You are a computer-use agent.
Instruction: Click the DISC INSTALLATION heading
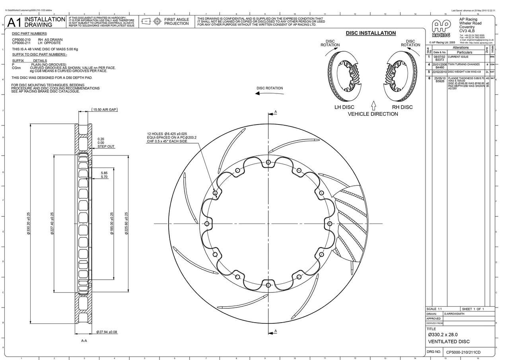pyautogui.click(x=371, y=33)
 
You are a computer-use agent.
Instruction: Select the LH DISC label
pyautogui.click(x=344, y=107)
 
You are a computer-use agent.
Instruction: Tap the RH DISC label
pyautogui.click(x=402, y=107)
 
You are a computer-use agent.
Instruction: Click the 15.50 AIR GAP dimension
pyautogui.click(x=105, y=109)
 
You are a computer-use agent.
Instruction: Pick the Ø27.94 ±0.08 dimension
pyautogui.click(x=107, y=332)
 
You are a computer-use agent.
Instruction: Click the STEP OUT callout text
pyautogui.click(x=106, y=146)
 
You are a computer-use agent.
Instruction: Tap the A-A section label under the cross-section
pyautogui.click(x=84, y=341)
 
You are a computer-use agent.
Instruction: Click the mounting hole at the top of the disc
pyautogui.click(x=268, y=162)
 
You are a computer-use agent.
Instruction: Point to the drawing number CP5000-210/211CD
pyautogui.click(x=463, y=352)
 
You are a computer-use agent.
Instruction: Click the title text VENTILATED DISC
pyautogui.click(x=449, y=342)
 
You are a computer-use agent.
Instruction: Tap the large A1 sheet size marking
pyautogui.click(x=15, y=22)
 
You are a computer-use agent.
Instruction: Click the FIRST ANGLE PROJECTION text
pyautogui.click(x=177, y=21)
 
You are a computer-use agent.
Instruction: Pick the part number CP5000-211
pyautogui.click(x=21, y=43)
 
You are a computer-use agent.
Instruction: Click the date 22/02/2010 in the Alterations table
pyautogui.click(x=439, y=72)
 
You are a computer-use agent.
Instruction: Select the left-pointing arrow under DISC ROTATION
pyautogui.click(x=263, y=93)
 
